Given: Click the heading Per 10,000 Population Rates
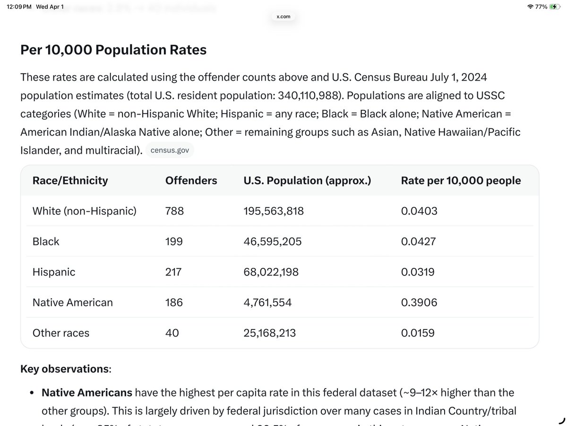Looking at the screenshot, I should coord(113,50).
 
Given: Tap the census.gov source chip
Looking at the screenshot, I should coord(170,151).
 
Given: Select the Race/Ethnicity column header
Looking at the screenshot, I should coord(70,180).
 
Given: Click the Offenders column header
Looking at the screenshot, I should coord(191,180).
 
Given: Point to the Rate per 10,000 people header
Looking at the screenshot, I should coord(461,180).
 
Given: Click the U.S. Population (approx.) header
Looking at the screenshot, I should coord(307,180).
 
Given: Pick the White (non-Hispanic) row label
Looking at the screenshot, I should coord(84,211).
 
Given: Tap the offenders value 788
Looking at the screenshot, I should coord(174,211).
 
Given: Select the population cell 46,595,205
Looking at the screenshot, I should coord(272,241).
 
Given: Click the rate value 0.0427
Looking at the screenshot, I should coord(418,241).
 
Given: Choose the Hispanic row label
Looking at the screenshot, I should coord(54,272).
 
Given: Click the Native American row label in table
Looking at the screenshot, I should coord(72,302).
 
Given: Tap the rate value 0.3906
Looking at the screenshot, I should coord(419,302).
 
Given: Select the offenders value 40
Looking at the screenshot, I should coord(172,333).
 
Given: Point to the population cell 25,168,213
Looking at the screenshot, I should coord(269,333).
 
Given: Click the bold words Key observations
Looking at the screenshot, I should coord(65,369).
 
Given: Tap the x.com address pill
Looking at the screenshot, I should coord(283,17).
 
